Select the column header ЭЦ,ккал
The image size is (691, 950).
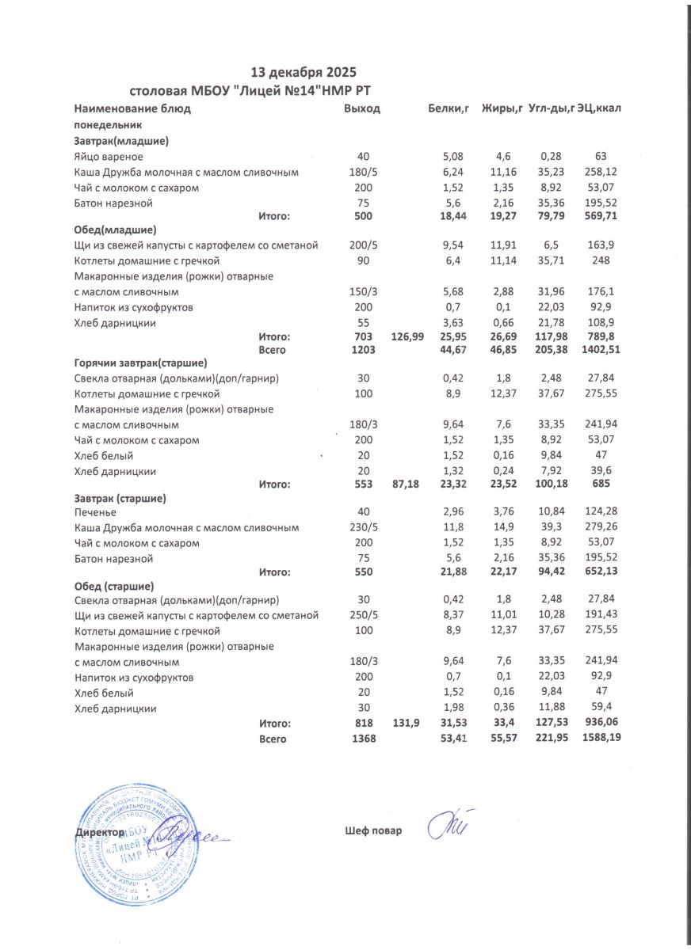click(599, 108)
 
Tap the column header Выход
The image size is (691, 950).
click(362, 108)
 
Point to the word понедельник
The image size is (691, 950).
click(108, 125)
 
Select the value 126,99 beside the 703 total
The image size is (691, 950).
click(407, 336)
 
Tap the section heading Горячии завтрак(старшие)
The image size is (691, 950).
click(140, 363)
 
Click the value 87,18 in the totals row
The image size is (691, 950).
click(407, 484)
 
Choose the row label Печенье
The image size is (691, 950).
click(97, 513)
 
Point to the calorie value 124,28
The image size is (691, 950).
click(599, 513)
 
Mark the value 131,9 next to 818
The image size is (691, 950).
click(407, 723)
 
